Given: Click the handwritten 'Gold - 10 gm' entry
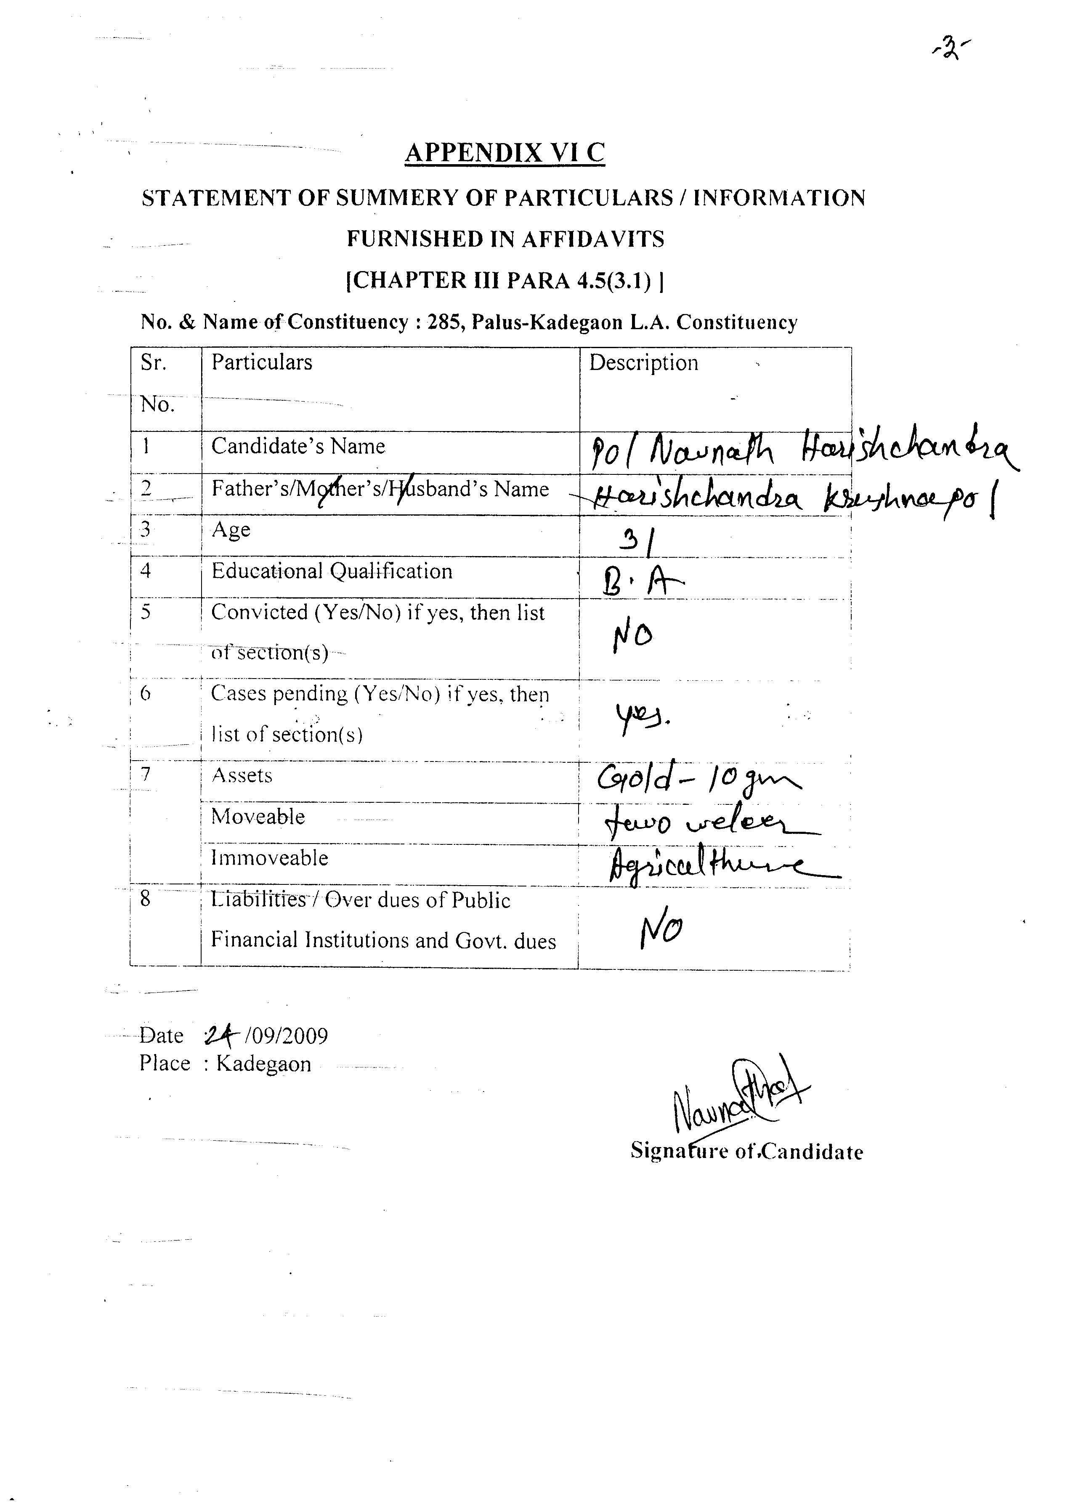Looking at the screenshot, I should (698, 780).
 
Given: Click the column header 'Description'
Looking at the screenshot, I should (643, 363).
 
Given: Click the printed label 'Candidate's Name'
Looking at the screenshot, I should (298, 447).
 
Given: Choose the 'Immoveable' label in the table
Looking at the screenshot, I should (270, 858).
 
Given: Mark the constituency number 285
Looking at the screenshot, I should (444, 322).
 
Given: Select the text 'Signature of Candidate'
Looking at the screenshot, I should (746, 1152).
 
